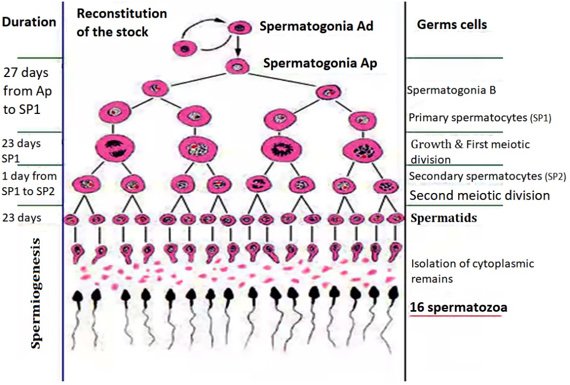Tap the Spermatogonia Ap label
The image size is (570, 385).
coord(320,63)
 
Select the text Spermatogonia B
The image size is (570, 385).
coord(451,90)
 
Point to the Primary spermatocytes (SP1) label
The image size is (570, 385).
coord(480,118)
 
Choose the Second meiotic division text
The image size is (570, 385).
coord(480,196)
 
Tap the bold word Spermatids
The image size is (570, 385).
coord(443,218)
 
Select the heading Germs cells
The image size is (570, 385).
coord(452,25)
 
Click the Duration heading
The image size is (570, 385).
coord(29,22)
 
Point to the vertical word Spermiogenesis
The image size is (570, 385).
coord(36,294)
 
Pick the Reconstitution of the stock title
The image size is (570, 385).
coord(121,22)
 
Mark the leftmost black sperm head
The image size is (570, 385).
coord(77,295)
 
